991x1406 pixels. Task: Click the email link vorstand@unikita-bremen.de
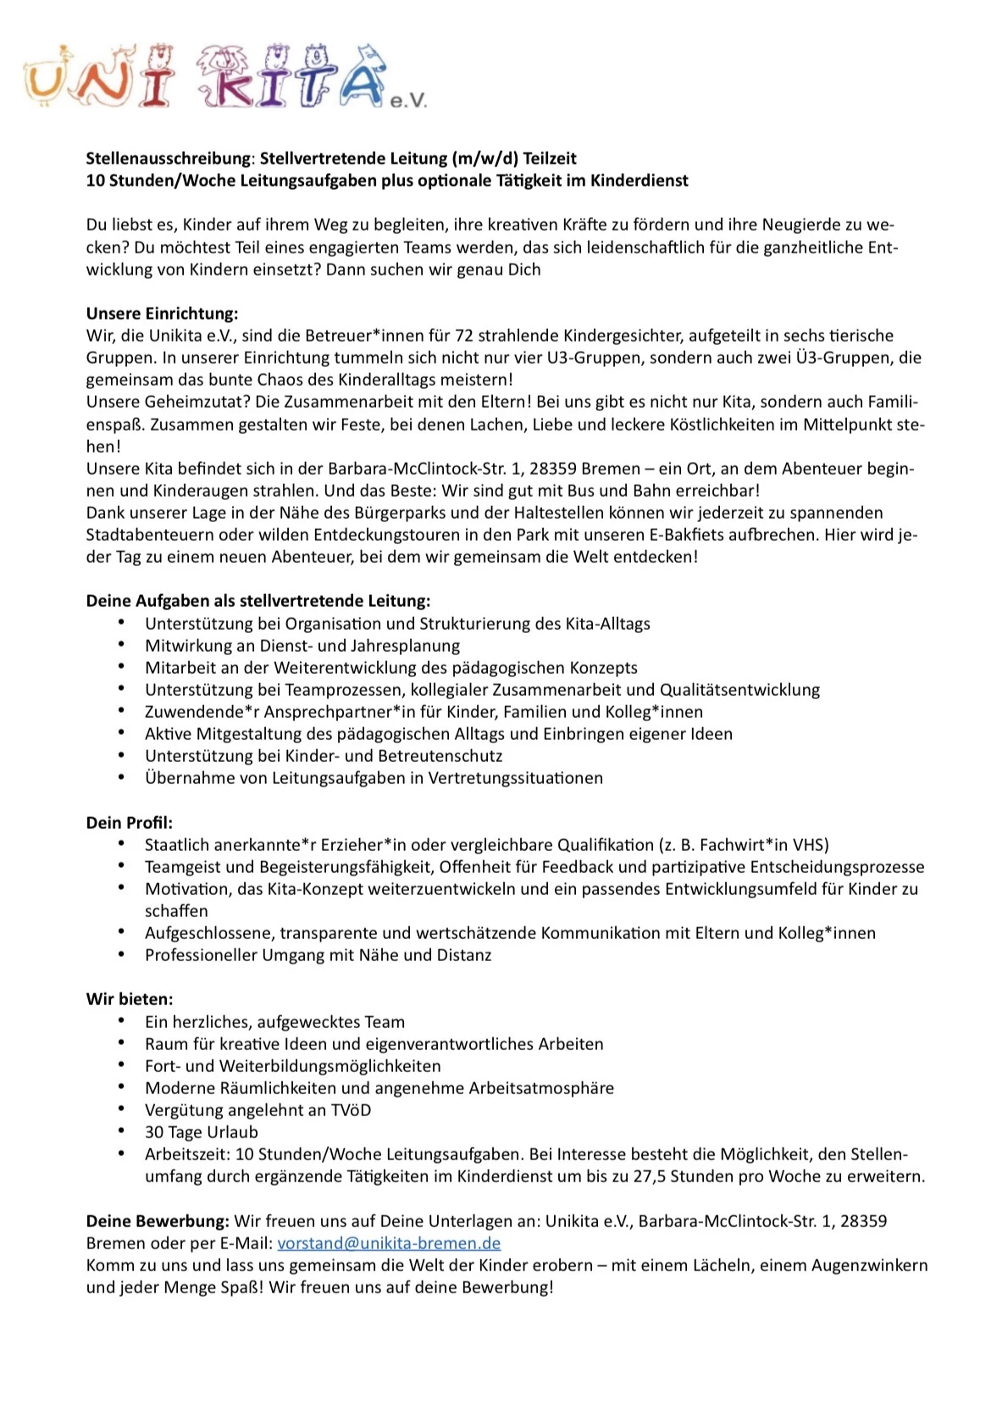tap(389, 1243)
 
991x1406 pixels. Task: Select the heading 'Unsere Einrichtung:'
tap(162, 314)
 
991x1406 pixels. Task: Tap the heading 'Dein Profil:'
tap(130, 822)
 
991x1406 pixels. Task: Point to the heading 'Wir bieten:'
tap(130, 999)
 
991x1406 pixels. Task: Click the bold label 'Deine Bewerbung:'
tap(158, 1221)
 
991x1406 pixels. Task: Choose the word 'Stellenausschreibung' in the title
tap(169, 158)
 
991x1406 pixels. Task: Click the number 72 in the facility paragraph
tap(464, 336)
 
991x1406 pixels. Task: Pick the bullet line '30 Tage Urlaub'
tap(202, 1132)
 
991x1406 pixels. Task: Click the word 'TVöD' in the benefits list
tap(350, 1110)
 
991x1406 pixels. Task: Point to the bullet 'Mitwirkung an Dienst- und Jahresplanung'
tap(302, 646)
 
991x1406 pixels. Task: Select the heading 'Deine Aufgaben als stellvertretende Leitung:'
tap(258, 601)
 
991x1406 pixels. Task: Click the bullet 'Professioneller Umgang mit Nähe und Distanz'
tap(318, 955)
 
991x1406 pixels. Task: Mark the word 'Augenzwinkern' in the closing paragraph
tap(869, 1265)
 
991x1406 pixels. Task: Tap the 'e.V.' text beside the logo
tap(408, 101)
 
